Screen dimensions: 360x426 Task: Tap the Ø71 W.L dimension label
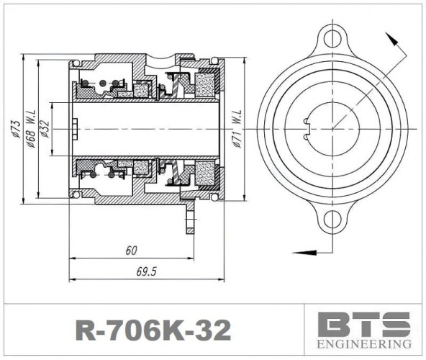pos(237,129)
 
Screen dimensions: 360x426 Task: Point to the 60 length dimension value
pos(130,251)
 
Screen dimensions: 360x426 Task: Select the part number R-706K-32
pos(153,330)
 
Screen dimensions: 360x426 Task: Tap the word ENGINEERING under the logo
pos(364,344)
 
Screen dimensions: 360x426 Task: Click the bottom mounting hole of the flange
pos(332,220)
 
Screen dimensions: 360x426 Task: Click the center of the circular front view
pos(332,128)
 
